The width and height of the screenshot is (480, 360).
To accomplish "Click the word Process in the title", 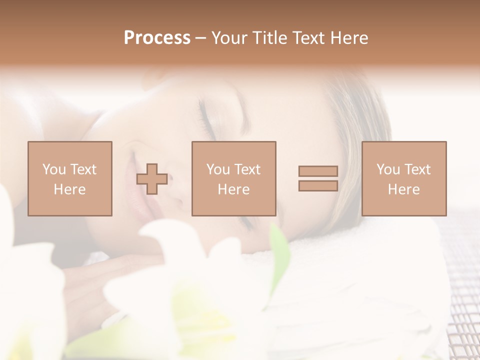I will [x=157, y=38].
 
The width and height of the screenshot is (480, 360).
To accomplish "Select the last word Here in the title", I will [x=348, y=38].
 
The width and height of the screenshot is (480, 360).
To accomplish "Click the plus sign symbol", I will [x=152, y=178].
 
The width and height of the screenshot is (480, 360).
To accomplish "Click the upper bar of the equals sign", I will [x=318, y=171].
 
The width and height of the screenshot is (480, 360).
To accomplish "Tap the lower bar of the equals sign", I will [x=318, y=185].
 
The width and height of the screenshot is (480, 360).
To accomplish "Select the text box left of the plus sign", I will [x=70, y=178].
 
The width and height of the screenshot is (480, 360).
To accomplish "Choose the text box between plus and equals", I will [x=234, y=178].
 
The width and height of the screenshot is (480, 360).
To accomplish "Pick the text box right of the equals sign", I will [x=404, y=178].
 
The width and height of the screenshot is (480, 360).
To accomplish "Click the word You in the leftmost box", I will [x=54, y=169].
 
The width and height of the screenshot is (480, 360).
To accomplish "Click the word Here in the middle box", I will [x=234, y=189].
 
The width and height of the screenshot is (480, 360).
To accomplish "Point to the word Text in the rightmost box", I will [x=417, y=169].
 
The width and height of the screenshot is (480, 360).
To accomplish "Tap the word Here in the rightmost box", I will [x=404, y=189].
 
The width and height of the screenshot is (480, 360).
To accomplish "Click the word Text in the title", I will [x=308, y=38].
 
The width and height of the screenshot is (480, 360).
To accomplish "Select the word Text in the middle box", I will [x=247, y=169].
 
